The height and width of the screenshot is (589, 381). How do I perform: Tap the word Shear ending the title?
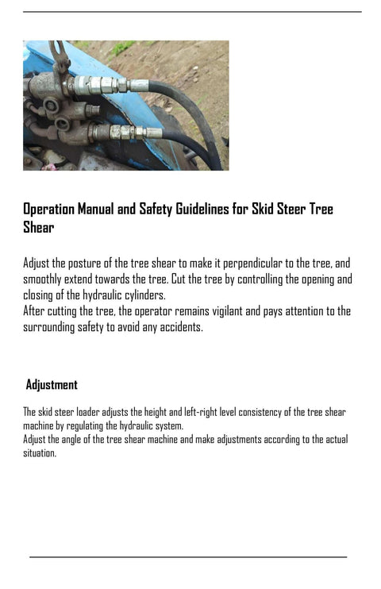pos(38,228)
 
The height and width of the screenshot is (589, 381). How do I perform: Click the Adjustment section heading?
pos(52,385)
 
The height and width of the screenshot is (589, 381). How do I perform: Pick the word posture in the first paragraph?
pos(87,264)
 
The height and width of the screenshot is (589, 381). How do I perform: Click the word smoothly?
pos(46,279)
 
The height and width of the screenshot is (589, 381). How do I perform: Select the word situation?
pos(39,453)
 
